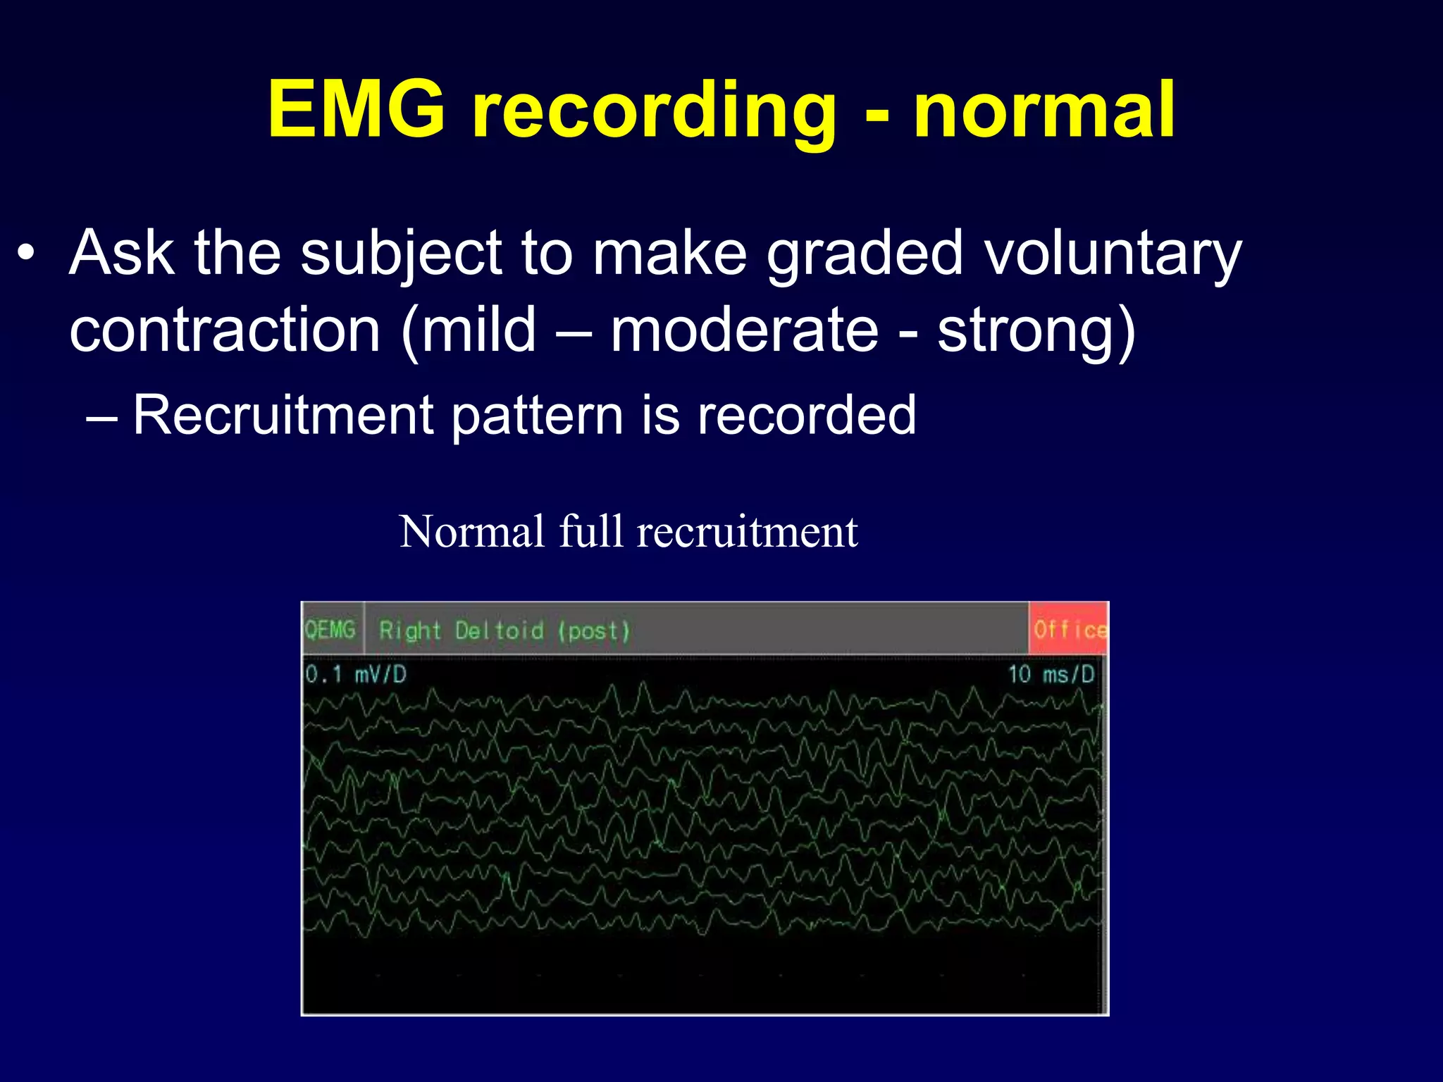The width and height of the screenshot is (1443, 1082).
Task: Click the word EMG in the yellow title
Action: (x=357, y=111)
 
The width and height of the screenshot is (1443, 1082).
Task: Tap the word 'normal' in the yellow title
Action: (x=1044, y=111)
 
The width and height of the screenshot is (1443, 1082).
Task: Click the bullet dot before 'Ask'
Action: (x=26, y=253)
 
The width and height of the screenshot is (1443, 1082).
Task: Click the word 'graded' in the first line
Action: (x=865, y=255)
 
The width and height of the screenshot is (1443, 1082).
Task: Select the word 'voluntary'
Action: (x=1113, y=255)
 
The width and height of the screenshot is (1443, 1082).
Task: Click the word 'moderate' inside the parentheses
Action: (x=744, y=330)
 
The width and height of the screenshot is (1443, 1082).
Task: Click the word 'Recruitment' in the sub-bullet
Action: (x=283, y=415)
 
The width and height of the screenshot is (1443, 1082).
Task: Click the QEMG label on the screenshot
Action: (x=330, y=629)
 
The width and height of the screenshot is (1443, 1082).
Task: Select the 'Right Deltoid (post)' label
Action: (x=504, y=630)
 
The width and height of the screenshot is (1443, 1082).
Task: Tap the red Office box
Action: (x=1068, y=629)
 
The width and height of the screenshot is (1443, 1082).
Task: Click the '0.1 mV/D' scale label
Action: (x=356, y=675)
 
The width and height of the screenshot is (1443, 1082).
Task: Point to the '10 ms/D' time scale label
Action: (x=1051, y=674)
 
